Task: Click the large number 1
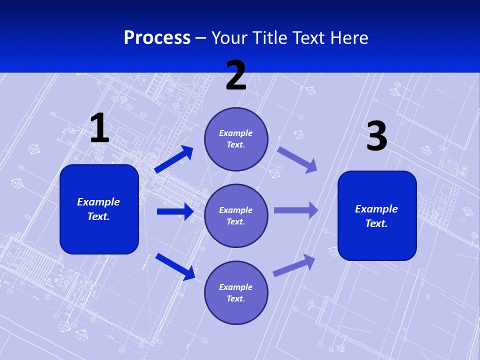point(99,128)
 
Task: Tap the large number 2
point(236,75)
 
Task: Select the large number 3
point(376,136)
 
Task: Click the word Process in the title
point(157,38)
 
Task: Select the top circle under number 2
point(236,139)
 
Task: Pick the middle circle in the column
point(236,215)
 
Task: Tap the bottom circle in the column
point(236,292)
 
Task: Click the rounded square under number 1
point(99,209)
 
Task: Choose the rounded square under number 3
point(377,215)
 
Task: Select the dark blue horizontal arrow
point(175,211)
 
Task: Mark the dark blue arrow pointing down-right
point(175,266)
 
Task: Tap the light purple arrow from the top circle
point(297,159)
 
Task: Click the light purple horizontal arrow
point(296,210)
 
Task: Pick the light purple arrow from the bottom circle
point(294,265)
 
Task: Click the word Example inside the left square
point(98,202)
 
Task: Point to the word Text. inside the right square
point(376,223)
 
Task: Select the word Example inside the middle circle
point(236,210)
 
